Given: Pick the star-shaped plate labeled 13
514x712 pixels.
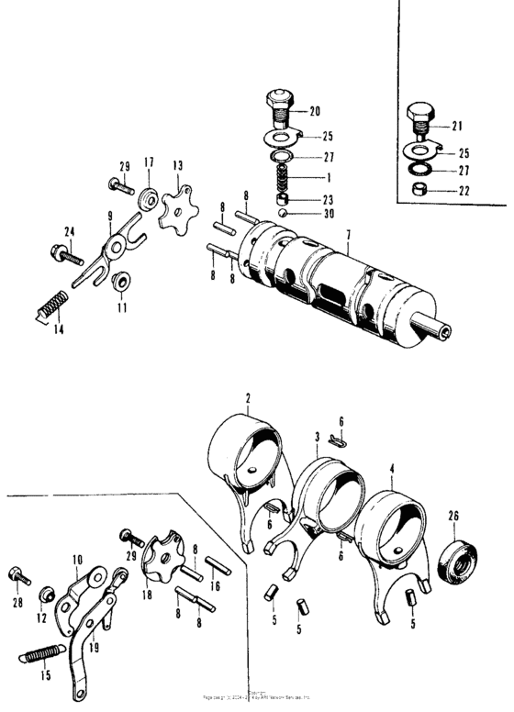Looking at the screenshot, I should click(173, 213).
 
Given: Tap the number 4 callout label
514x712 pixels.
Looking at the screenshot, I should click(392, 468).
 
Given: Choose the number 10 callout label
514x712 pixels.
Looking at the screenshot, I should click(77, 558).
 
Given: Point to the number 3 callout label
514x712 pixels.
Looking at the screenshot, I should click(316, 438).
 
